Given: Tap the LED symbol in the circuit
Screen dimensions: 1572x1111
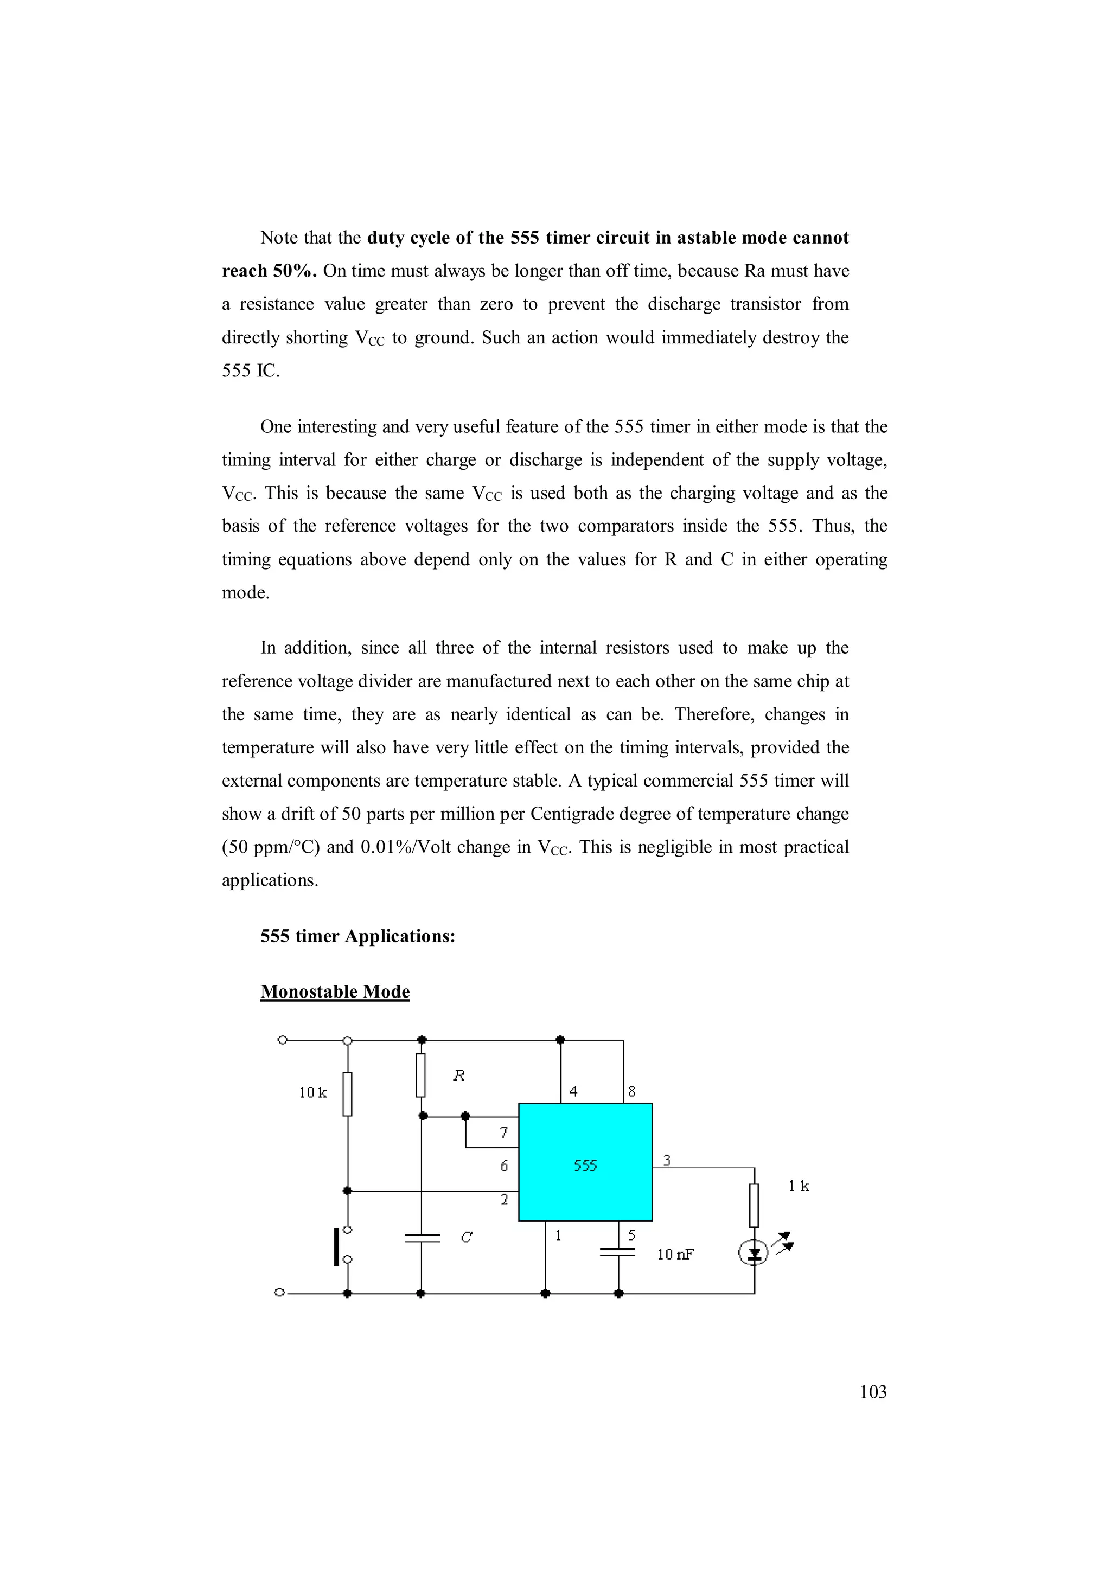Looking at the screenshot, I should tap(754, 1253).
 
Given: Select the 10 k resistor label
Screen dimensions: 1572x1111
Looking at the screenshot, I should tap(313, 1092).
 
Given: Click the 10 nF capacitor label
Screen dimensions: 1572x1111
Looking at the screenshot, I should tap(675, 1254).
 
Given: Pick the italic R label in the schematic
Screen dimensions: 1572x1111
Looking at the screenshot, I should tap(458, 1076).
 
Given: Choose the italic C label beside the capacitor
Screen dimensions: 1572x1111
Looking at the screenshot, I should tap(466, 1237).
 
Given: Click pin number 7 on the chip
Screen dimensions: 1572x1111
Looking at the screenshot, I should tap(504, 1133).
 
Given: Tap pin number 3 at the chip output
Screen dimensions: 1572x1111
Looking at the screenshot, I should tap(667, 1160).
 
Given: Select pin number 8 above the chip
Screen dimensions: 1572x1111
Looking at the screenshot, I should tap(632, 1091).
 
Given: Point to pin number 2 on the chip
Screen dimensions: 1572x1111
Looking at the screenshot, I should tap(505, 1199).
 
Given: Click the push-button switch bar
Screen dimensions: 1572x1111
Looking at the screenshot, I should tap(337, 1246).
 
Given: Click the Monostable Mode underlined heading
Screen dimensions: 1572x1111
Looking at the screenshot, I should tap(335, 992).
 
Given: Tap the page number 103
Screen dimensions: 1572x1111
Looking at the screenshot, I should tap(873, 1391).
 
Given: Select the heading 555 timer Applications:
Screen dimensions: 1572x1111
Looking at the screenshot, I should tap(357, 936).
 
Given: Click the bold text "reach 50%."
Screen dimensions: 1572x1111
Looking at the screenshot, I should tap(269, 271).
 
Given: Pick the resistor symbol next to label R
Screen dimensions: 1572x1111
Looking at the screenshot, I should tap(421, 1075).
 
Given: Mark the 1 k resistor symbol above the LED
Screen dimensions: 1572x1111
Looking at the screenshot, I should tap(754, 1205).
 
